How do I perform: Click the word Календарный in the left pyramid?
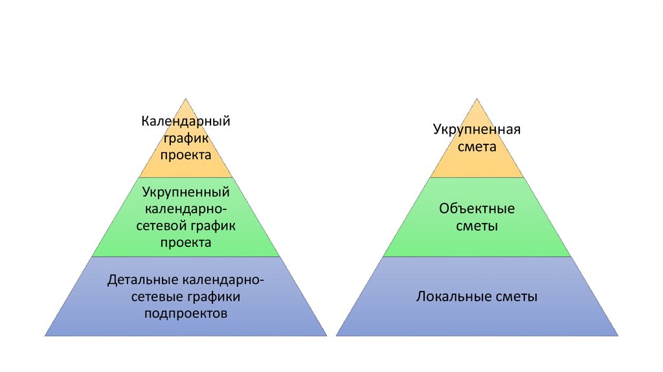(186, 121)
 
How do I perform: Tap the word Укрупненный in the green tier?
(186, 192)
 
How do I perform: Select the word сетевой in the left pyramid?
(163, 226)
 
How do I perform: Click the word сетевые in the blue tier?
(155, 297)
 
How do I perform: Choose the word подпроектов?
(186, 314)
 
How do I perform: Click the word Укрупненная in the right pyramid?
(477, 129)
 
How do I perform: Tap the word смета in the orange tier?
(477, 146)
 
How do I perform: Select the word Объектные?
(477, 209)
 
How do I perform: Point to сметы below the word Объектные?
(477, 227)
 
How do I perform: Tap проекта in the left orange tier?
(186, 156)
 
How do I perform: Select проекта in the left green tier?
(186, 243)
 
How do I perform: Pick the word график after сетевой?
(212, 226)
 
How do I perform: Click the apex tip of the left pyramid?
(186, 99)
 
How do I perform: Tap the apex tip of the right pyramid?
(477, 99)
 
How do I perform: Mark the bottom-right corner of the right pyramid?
(617, 335)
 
